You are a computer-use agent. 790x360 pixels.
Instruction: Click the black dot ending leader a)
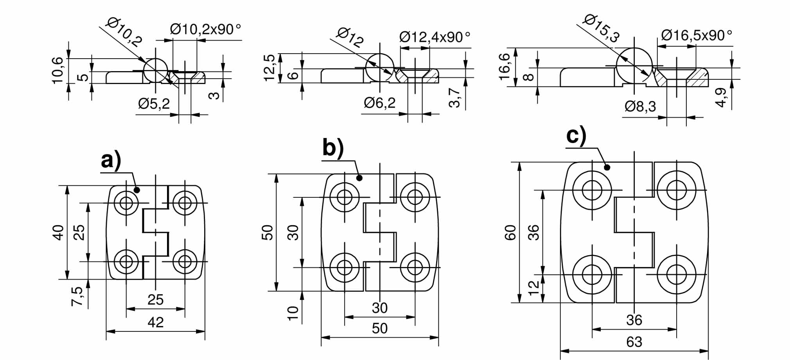[137, 190]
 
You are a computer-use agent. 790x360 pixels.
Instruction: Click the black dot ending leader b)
[360, 178]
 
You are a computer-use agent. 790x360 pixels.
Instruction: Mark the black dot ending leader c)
[607, 167]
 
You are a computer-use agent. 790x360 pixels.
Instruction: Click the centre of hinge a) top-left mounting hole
[126, 203]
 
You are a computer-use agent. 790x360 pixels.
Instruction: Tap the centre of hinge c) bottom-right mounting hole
[677, 274]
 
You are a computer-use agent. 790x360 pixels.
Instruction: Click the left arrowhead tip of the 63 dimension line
[560, 351]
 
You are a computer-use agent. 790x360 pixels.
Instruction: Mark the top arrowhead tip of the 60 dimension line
[519, 162]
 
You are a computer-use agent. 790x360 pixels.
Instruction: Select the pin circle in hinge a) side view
[156, 70]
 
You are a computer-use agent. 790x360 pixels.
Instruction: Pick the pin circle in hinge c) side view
[634, 66]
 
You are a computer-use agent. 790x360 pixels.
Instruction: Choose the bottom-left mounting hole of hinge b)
[345, 267]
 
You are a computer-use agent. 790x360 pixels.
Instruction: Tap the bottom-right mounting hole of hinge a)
[185, 261]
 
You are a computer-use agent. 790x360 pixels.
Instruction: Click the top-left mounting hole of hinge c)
[592, 190]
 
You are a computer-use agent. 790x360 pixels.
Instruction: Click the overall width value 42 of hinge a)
[156, 322]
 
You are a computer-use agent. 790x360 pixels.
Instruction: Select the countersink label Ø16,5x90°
[696, 36]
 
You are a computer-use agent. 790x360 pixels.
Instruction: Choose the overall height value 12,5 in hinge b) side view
[270, 67]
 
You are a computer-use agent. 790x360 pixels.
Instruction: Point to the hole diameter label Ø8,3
[640, 106]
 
